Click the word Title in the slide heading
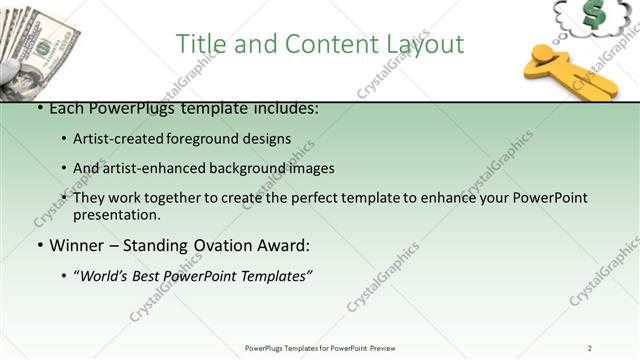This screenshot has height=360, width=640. pos(199,44)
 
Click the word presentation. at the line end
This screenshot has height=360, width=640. pos(116,215)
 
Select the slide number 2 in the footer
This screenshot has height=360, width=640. pos(590,348)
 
